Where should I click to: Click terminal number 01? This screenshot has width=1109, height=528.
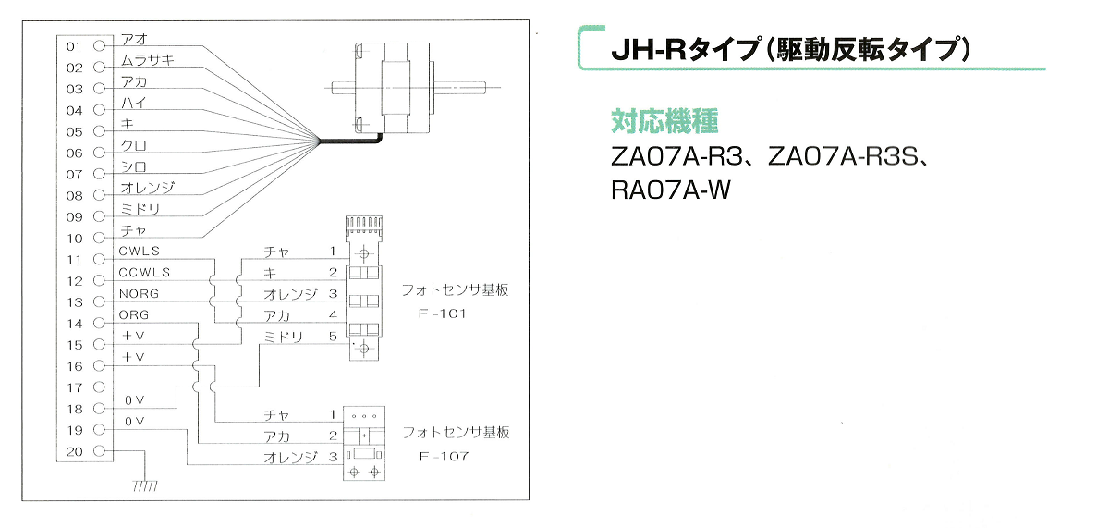click(74, 46)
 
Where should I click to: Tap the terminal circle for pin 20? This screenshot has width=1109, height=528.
click(100, 451)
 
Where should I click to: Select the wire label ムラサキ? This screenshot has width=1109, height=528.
click(148, 60)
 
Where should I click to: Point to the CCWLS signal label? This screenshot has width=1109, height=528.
click(144, 273)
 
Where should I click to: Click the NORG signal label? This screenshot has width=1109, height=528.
click(139, 294)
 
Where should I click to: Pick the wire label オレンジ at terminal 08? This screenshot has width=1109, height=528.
click(148, 188)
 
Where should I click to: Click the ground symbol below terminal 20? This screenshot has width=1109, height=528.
click(145, 485)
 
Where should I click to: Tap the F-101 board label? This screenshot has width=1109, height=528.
click(442, 313)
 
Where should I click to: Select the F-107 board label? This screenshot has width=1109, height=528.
click(444, 456)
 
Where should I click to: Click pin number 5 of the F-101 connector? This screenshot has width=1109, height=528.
click(334, 337)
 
